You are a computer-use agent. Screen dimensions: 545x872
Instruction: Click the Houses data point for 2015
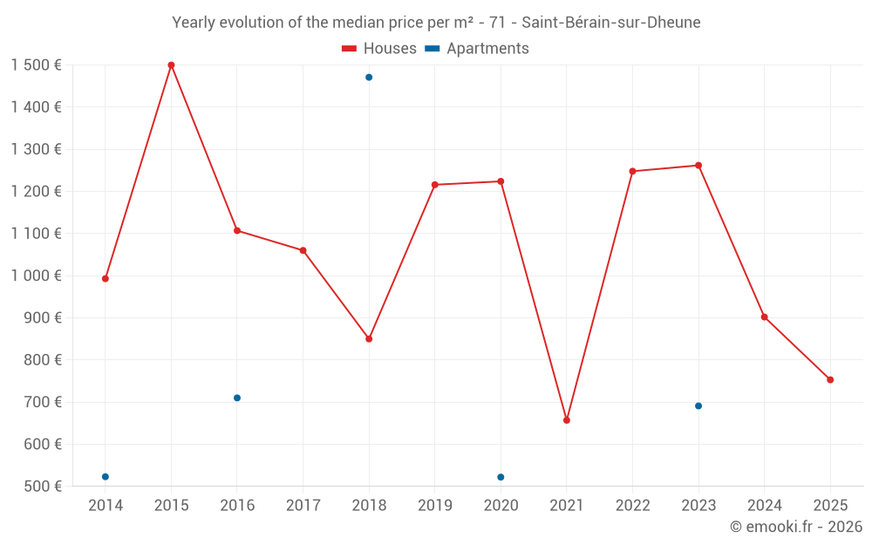coord(171,65)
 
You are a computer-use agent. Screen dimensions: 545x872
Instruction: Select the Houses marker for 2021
coord(567,420)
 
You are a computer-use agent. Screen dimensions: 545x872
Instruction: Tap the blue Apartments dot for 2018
coord(369,78)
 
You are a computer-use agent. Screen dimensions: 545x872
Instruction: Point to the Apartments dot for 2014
coord(106,477)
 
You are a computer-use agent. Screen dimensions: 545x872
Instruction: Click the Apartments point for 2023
coord(698,406)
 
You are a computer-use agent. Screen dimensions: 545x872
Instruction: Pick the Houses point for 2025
coord(830,380)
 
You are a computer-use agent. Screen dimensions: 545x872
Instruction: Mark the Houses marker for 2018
coord(369,339)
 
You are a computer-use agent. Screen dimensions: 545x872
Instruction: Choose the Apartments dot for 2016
coord(237,398)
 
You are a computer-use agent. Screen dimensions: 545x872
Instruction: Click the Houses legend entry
coord(379,49)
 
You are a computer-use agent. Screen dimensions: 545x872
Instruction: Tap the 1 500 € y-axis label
coord(37,65)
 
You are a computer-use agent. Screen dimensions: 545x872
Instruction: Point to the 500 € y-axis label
coord(41,487)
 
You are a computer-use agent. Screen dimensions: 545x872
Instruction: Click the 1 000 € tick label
coord(37,276)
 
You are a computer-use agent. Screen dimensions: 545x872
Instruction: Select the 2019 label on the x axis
coord(435,506)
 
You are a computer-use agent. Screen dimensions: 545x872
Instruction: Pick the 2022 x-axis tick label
coord(632,506)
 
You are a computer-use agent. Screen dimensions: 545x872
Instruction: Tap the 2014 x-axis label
coord(106,506)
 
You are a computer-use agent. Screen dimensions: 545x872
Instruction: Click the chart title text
coord(436,23)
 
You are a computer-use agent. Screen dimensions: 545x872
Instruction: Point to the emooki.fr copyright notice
coord(795,527)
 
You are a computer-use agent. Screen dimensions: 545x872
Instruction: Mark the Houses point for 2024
coord(765,317)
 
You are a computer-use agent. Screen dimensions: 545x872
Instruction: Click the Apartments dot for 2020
coord(501,477)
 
